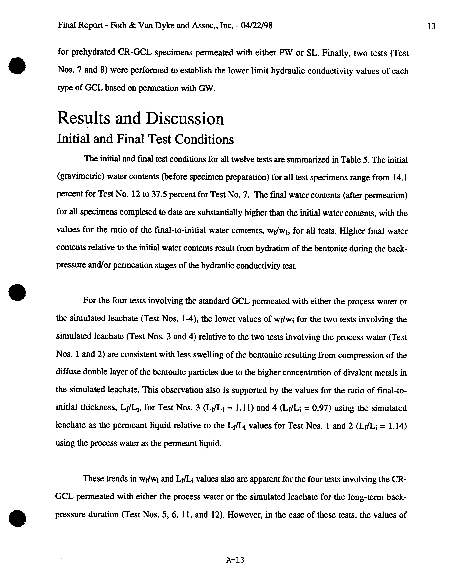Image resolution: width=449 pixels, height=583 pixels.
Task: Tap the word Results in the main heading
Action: [x=83, y=119]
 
